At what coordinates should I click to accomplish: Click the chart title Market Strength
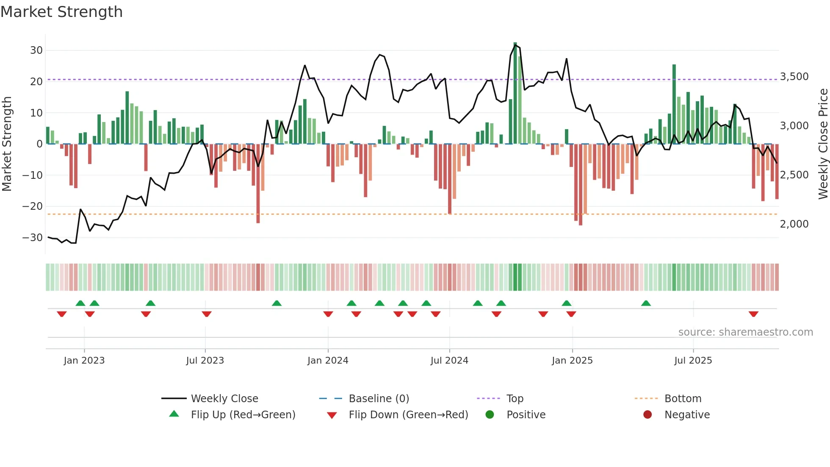[x=61, y=12]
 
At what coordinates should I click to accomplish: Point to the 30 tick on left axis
[x=36, y=50]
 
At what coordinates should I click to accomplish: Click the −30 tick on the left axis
[x=33, y=238]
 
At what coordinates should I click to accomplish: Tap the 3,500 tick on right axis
[x=794, y=77]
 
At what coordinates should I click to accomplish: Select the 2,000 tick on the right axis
[x=794, y=224]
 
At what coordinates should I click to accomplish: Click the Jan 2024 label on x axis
[x=328, y=361]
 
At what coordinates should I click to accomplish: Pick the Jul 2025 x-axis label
[x=693, y=361]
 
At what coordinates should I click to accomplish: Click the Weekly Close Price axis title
[x=823, y=144]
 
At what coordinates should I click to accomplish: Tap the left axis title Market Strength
[x=7, y=144]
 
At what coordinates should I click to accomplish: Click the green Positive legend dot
[x=490, y=415]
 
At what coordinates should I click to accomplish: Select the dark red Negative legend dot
[x=647, y=415]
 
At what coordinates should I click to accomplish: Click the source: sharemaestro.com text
[x=745, y=332]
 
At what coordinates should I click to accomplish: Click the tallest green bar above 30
[x=515, y=93]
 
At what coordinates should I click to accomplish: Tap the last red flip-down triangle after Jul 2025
[x=753, y=314]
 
